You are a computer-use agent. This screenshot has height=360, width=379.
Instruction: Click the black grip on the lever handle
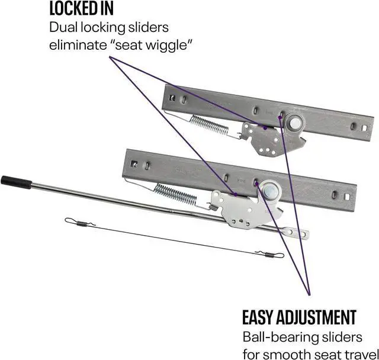12,180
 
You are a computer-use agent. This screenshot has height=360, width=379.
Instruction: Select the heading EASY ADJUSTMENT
299,317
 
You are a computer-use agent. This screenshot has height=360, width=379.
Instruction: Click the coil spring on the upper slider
209,124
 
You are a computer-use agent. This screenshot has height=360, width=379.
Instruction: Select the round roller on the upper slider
293,123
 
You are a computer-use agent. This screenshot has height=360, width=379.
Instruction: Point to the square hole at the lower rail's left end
134,163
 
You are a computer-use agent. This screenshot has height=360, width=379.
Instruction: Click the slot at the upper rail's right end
352,126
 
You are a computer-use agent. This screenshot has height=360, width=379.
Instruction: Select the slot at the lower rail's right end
338,195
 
